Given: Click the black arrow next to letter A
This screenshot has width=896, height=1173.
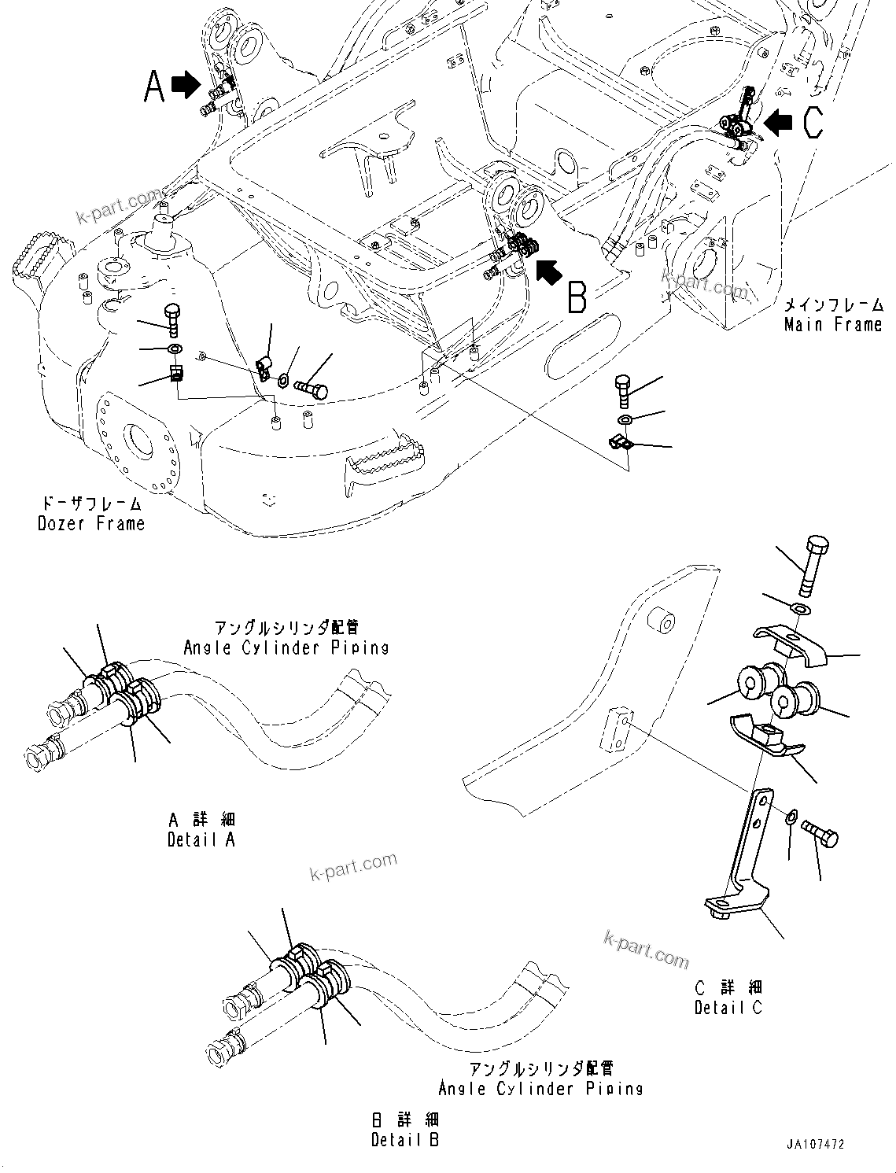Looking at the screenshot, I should [186, 84].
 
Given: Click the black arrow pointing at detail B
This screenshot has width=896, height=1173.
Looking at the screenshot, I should [550, 271].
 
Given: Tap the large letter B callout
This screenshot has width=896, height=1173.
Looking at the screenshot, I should [577, 298].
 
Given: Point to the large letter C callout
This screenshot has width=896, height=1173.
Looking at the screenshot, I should [813, 123].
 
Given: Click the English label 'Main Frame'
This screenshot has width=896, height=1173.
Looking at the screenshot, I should [833, 324].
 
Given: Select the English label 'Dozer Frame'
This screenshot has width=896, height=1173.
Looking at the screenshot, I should [91, 523].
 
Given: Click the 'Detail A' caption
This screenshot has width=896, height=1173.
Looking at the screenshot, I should [201, 839].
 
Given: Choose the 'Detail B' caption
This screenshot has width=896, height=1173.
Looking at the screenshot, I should [405, 1139].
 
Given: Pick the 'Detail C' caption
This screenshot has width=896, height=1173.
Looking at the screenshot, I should [728, 1007].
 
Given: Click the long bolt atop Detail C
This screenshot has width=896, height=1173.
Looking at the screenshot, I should [813, 566].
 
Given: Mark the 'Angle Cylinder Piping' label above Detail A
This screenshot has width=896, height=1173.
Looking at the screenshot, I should [286, 647].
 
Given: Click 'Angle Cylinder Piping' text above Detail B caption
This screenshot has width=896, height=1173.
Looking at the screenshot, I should [540, 1089].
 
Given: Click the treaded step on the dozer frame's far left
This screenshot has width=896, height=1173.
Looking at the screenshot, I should [31, 260].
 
